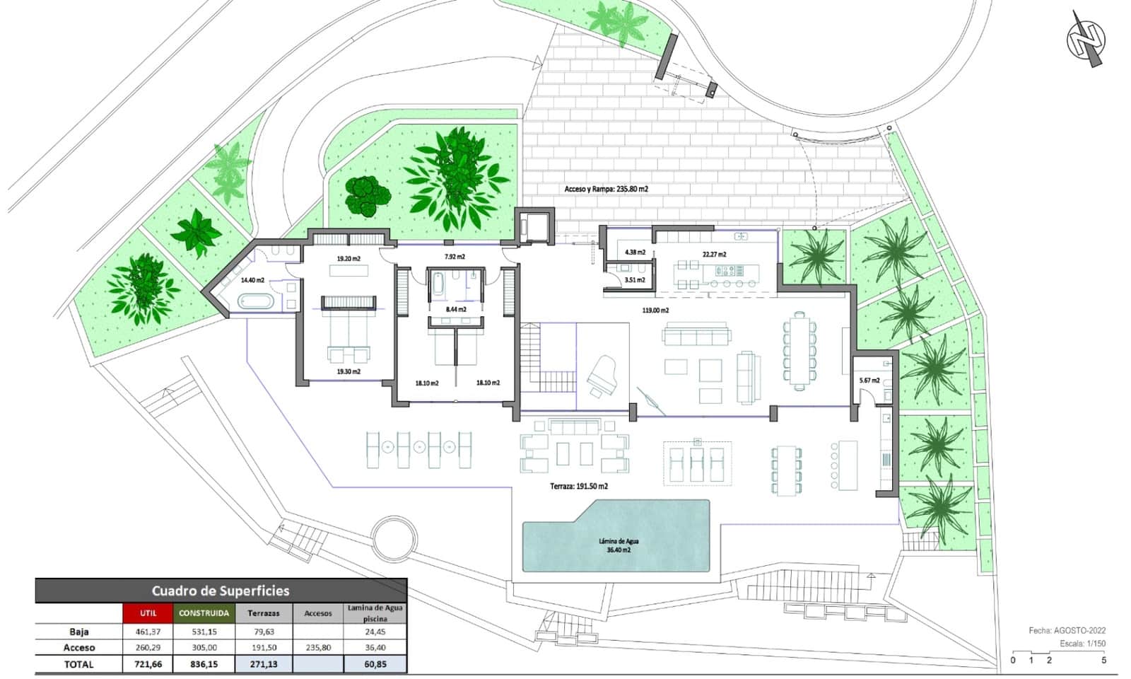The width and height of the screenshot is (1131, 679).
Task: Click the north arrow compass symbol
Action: click(1086, 38)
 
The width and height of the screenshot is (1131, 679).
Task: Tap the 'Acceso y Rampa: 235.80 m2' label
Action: click(606, 189)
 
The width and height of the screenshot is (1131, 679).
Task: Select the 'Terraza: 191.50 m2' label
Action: click(579, 487)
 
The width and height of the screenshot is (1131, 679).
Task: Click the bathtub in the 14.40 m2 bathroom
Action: click(255, 302)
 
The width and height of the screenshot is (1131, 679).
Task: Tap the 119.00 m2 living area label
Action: click(655, 311)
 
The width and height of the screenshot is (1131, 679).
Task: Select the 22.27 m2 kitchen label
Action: click(714, 255)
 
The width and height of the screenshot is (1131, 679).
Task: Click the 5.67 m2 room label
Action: click(869, 381)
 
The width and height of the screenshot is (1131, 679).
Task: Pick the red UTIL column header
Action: click(148, 613)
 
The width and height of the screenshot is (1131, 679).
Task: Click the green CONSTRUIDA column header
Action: click(204, 613)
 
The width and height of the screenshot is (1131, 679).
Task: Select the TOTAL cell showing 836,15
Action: click(204, 664)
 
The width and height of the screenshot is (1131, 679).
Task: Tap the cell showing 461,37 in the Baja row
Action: click(148, 632)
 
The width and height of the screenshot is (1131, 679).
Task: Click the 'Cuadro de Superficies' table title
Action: click(221, 591)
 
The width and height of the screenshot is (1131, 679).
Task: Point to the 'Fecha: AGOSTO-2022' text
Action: click(1067, 630)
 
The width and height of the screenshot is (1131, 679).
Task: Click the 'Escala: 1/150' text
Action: click(1082, 644)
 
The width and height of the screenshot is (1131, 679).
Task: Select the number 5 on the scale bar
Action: click(1103, 661)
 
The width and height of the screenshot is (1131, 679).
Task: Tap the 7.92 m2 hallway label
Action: click(455, 257)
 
